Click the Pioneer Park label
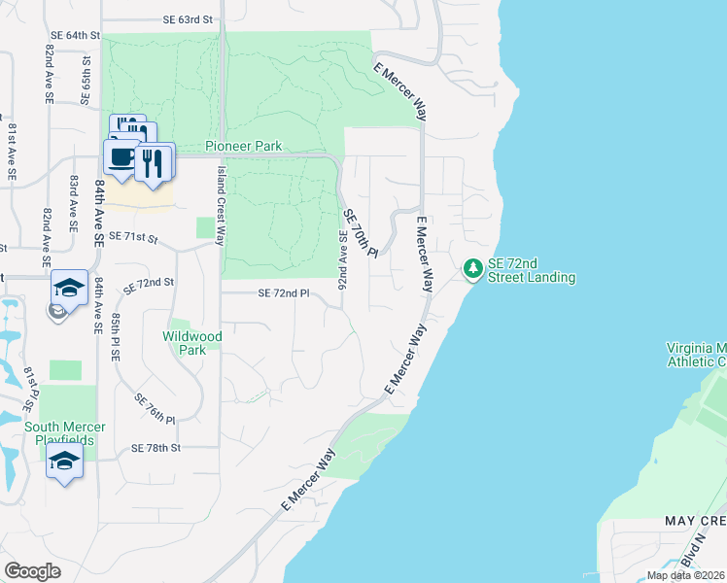[x=243, y=147]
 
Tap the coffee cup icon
[x=121, y=158]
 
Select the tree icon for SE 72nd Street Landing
[x=473, y=267]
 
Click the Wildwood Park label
[x=192, y=343]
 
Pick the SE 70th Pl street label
[x=359, y=233]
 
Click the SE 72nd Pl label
[x=283, y=293]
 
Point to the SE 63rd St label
[x=188, y=19]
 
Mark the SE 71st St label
[x=132, y=236]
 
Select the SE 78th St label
[x=156, y=448]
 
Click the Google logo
[x=32, y=571]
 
